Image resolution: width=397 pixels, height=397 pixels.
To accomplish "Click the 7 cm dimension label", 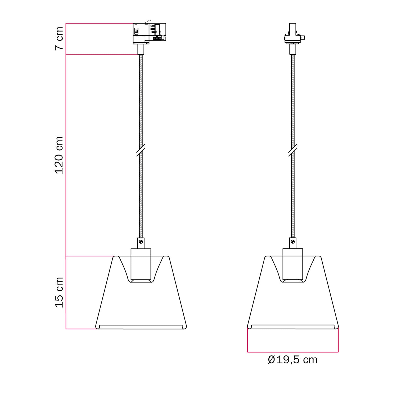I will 59,38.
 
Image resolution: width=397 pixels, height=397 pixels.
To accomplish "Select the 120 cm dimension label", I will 59,155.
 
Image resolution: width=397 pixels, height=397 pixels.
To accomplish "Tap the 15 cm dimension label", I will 59,292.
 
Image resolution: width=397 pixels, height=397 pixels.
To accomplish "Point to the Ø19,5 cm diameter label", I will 292,360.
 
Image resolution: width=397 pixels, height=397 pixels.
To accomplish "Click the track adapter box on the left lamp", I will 149,33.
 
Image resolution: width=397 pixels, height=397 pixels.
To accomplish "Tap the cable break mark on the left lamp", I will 141,150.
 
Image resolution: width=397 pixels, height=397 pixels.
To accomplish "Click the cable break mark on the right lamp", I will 293,150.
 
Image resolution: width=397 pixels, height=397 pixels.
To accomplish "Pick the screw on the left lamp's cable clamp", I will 141,241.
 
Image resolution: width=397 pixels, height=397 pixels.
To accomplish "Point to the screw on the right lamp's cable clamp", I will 293,241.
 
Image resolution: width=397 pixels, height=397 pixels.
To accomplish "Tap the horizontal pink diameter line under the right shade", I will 293,352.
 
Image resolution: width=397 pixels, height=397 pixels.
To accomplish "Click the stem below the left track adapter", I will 141,49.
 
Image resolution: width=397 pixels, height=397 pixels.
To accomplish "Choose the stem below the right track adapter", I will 293,49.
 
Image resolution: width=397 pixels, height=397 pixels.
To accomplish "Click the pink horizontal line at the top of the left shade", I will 90,256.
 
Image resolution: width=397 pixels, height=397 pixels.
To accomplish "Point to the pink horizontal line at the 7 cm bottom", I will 102,55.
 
